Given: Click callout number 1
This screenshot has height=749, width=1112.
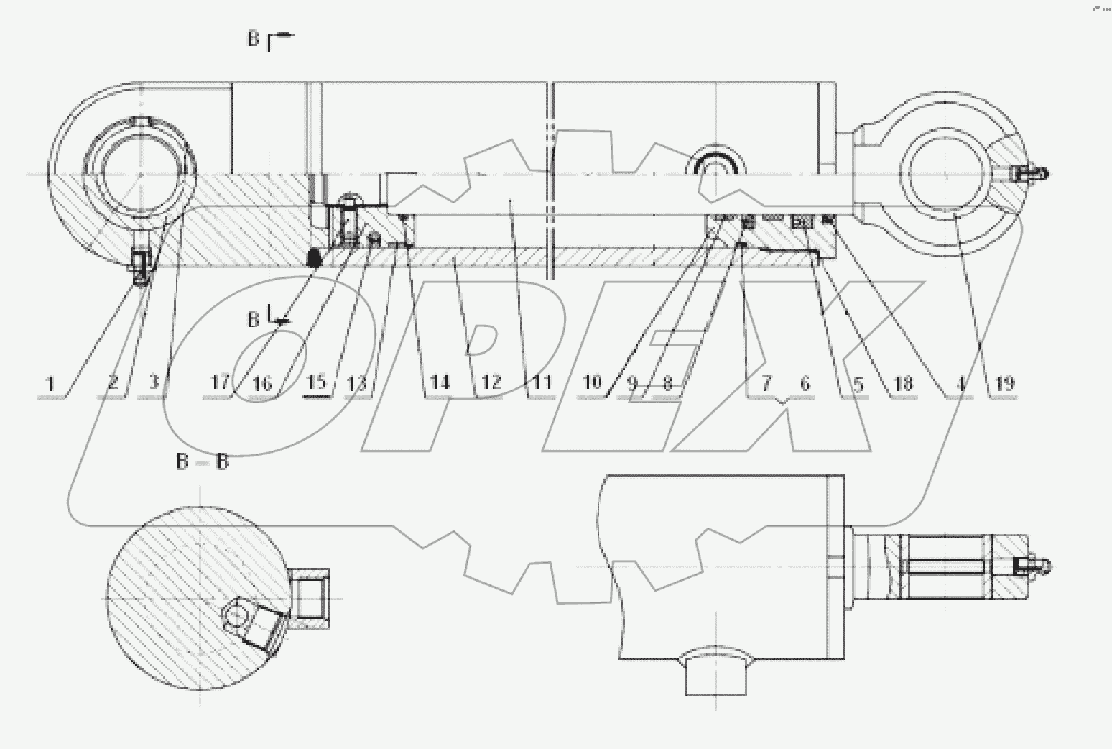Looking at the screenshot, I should click(x=50, y=383).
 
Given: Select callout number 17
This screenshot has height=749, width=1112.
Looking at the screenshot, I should click(x=220, y=382).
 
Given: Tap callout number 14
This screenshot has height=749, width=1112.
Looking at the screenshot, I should click(x=439, y=382).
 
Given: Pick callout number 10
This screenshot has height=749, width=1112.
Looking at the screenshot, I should click(x=591, y=382).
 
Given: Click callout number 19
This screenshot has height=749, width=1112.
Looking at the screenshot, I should click(x=1005, y=383).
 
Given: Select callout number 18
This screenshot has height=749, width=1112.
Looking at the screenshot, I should click(x=902, y=383).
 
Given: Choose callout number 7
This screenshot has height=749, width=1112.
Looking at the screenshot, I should click(x=766, y=383).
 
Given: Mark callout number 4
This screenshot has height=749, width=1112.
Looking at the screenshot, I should click(x=960, y=383).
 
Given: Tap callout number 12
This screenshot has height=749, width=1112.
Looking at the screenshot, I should click(x=491, y=382).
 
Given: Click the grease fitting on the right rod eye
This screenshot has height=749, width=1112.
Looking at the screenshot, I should click(x=1030, y=173).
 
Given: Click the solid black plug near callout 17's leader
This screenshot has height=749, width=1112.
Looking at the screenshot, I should click(x=313, y=257).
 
